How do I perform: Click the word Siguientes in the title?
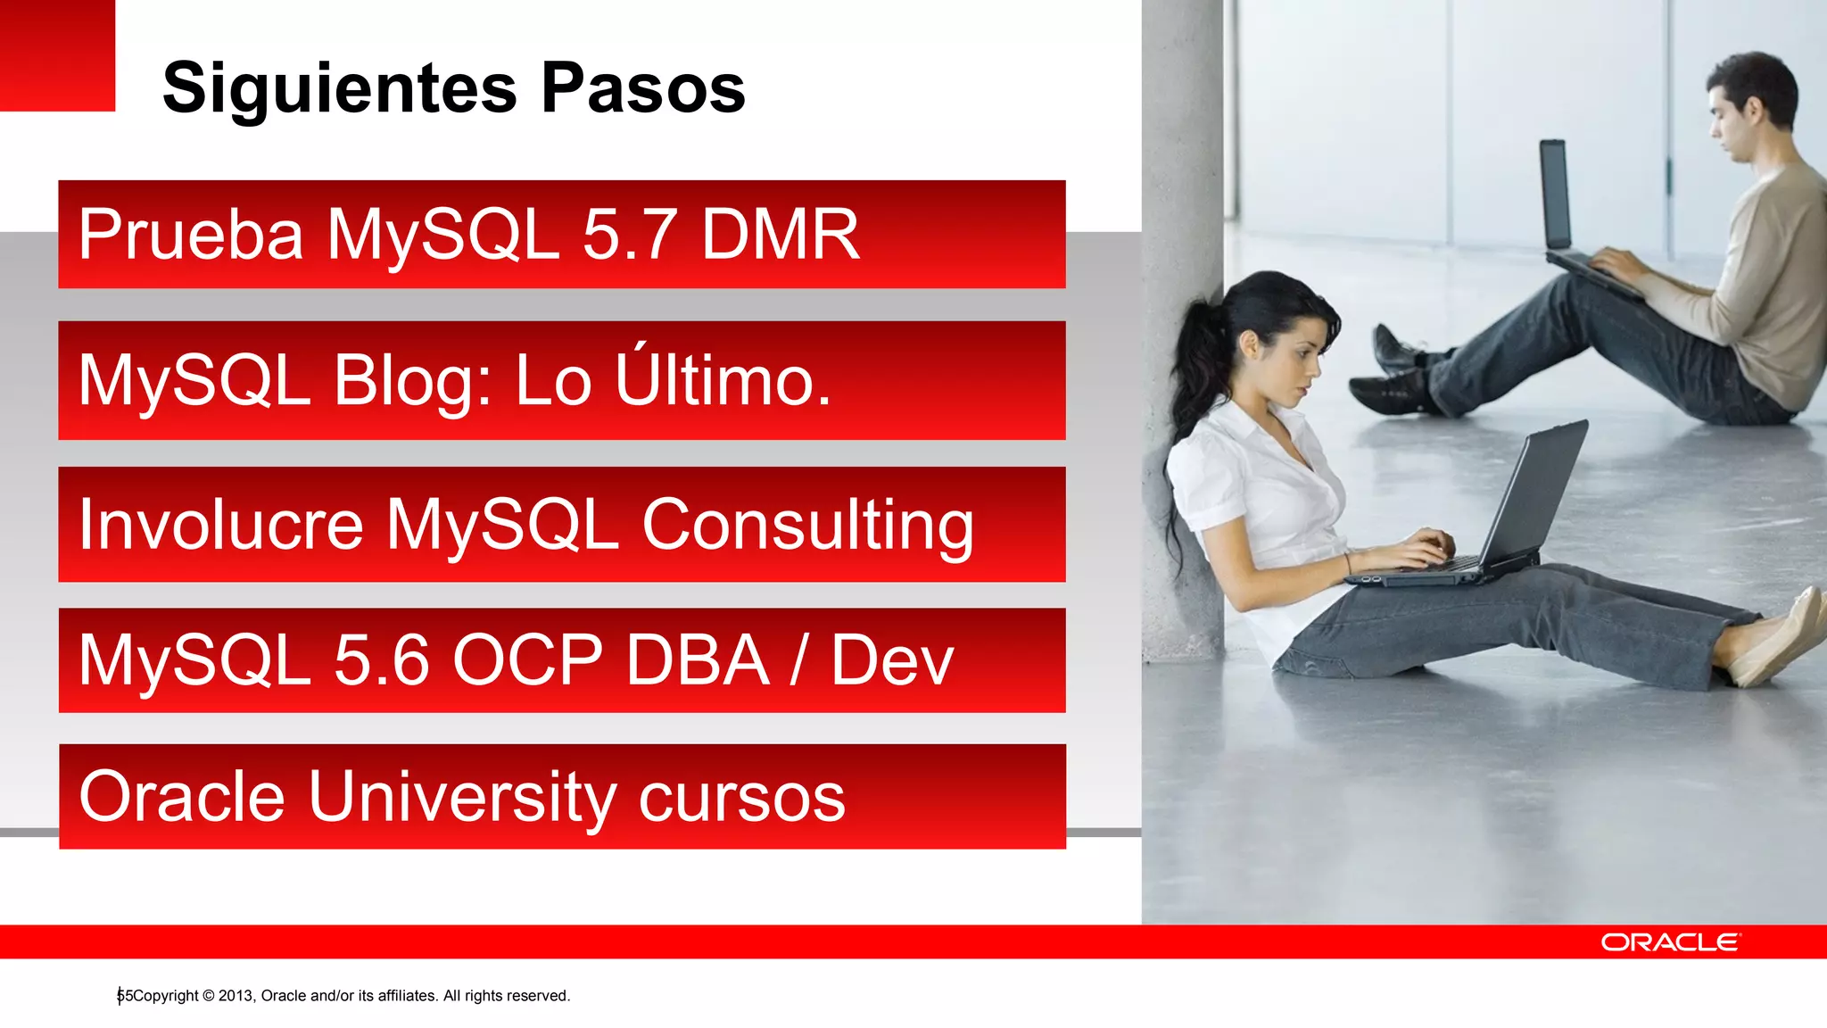pos(339,89)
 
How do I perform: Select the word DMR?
pos(781,235)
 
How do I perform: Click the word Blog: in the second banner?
pos(412,382)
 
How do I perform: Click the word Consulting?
pos(807,526)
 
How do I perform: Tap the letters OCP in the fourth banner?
pos(528,660)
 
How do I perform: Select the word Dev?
pos(892,660)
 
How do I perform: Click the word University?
pos(461,797)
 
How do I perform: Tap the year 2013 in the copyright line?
pos(236,996)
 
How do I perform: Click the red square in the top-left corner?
pos(57,55)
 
